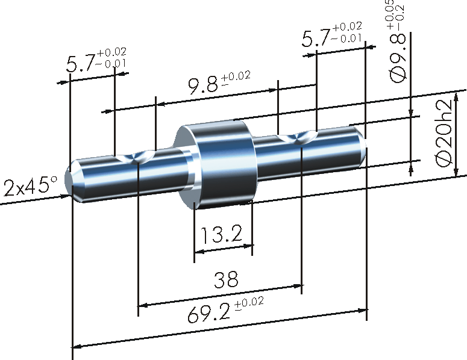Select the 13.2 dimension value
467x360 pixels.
pyautogui.click(x=218, y=234)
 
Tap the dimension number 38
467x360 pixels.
pyautogui.click(x=226, y=279)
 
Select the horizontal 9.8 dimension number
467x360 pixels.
pyautogui.click(x=204, y=86)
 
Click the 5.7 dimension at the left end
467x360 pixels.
pyautogui.click(x=80, y=64)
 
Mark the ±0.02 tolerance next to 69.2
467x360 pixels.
pyautogui.click(x=249, y=303)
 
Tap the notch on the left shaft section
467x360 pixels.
pyautogui.click(x=137, y=158)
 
